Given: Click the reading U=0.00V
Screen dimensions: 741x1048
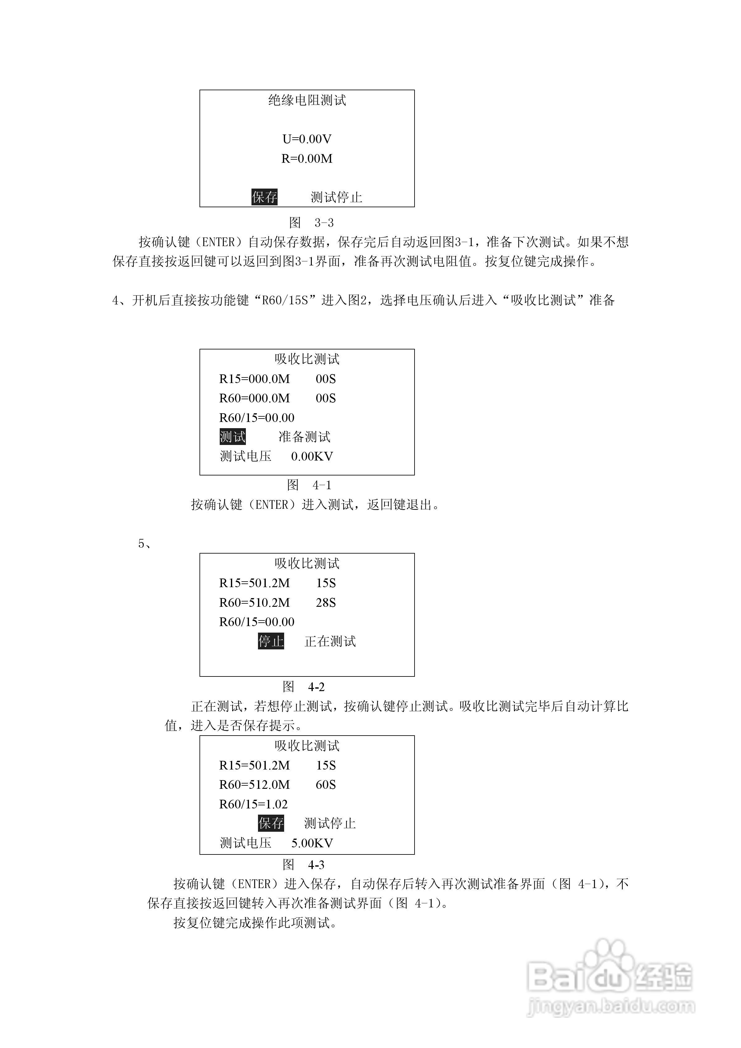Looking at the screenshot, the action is click(307, 139).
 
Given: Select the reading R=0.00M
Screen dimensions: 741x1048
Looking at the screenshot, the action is click(307, 158).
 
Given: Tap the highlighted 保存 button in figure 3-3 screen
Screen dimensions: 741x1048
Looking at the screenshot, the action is click(264, 197).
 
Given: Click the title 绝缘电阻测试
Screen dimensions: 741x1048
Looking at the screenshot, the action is click(307, 100).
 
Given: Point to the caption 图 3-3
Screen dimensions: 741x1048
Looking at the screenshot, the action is click(312, 223).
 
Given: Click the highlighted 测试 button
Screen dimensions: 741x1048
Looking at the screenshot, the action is click(233, 437).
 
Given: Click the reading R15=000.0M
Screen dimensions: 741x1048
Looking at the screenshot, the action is click(254, 379).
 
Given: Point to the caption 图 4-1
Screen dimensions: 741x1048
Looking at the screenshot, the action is click(309, 485).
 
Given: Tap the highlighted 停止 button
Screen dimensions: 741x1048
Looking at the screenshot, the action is click(271, 641).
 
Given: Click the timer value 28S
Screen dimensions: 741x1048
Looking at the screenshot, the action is click(326, 602).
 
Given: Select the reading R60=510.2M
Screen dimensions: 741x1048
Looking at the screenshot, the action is click(254, 602).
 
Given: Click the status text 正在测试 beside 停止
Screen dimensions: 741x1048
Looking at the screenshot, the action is click(330, 641).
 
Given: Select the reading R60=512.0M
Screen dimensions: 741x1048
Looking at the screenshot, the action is click(254, 785).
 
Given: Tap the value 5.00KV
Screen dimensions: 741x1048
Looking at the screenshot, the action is click(312, 843).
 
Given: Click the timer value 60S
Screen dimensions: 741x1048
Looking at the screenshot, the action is click(326, 785).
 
